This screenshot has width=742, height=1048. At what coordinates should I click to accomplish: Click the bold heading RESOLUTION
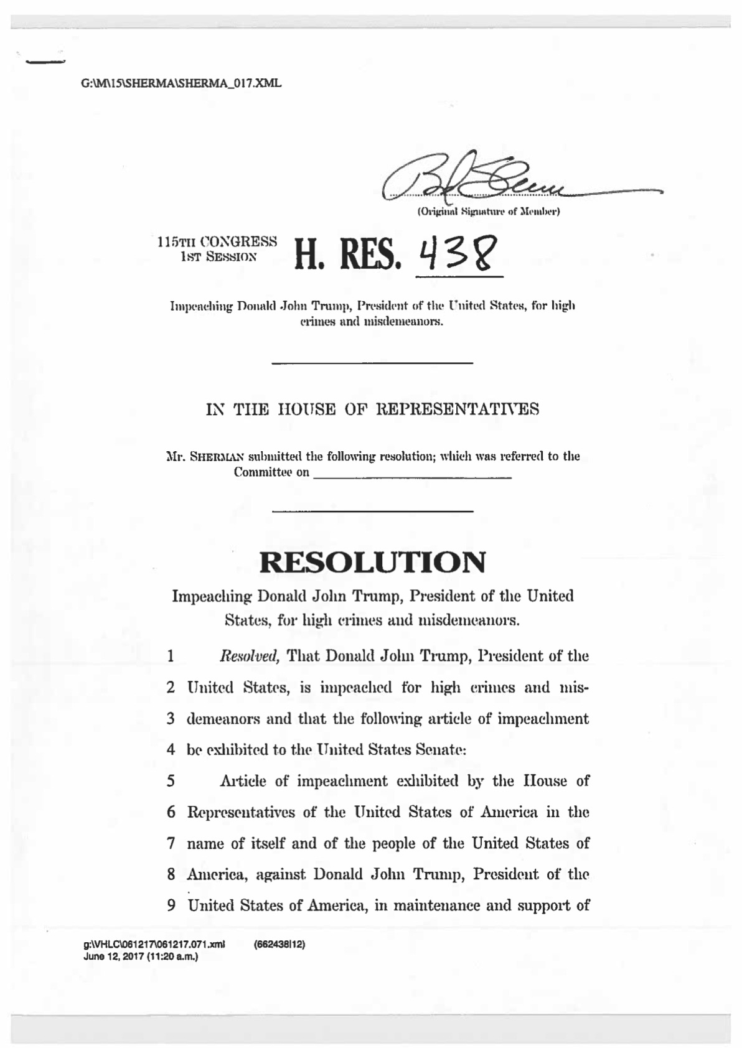[372, 562]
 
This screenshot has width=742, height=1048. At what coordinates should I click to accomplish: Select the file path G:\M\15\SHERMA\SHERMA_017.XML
[181, 83]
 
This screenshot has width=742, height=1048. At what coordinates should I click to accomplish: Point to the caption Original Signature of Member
[489, 212]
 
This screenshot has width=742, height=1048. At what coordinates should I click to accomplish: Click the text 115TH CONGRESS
[217, 241]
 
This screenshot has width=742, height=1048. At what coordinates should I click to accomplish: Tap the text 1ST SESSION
[217, 255]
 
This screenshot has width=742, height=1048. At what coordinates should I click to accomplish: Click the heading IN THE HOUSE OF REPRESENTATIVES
[372, 409]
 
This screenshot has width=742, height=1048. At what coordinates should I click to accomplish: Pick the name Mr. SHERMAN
[199, 456]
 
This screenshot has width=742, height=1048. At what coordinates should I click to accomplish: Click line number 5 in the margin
[171, 780]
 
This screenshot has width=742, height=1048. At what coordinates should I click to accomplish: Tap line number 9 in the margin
[171, 905]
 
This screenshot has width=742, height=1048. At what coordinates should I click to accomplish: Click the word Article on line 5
[243, 780]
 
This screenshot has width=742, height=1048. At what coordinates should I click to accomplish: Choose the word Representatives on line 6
[242, 812]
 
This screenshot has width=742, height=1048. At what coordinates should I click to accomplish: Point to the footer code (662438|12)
[279, 944]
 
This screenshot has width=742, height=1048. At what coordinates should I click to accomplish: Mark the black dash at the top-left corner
[45, 62]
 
